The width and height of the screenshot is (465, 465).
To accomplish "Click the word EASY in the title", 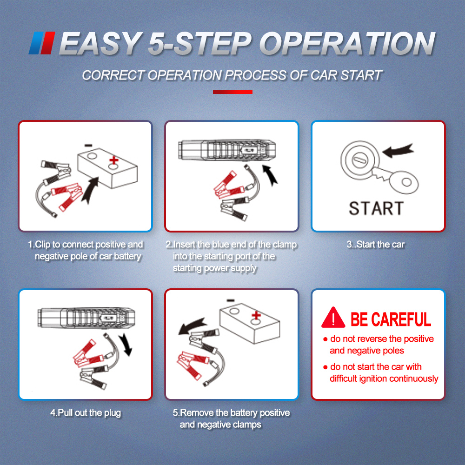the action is (x=100, y=43).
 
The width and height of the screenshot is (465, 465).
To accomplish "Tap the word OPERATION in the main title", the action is (x=347, y=43).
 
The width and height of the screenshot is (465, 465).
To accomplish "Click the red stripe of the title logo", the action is (x=48, y=43).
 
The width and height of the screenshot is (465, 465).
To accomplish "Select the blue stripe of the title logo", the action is (x=36, y=43).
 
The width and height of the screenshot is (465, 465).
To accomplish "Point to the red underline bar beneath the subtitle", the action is (x=232, y=92).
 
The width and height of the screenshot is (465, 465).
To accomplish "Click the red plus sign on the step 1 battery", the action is (x=113, y=160).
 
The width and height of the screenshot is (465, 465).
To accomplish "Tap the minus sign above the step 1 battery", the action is (x=88, y=145).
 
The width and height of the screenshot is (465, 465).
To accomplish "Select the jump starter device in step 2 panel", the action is (x=227, y=150).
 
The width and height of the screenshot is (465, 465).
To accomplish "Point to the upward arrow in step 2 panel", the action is (x=270, y=175).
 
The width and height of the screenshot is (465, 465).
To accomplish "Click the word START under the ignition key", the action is (x=376, y=208).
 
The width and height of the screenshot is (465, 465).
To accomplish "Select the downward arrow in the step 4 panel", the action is (x=126, y=344).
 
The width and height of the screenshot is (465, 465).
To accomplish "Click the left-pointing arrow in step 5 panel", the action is (x=192, y=326).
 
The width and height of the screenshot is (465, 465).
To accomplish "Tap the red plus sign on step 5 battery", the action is (x=256, y=315).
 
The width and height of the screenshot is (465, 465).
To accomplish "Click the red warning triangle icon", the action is (x=333, y=317).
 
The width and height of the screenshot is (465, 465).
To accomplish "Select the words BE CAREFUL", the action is (x=391, y=319).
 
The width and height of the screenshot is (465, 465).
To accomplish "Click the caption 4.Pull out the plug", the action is (x=86, y=413).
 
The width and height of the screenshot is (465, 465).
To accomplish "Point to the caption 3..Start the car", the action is (x=376, y=245).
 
